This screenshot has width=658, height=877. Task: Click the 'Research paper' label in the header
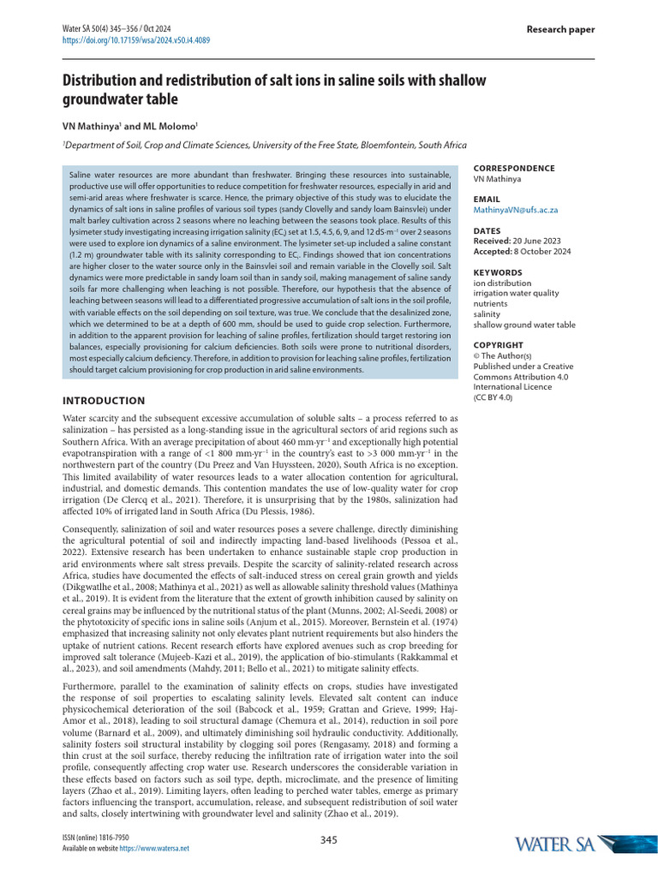coord(560,30)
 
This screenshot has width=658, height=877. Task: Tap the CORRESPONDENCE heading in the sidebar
coord(514,169)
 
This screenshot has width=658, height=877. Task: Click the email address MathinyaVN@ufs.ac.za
coord(516,210)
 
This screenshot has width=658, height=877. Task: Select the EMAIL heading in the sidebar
coord(487,199)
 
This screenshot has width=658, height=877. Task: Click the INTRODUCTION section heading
coord(104,401)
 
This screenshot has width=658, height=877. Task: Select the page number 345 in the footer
coord(329,840)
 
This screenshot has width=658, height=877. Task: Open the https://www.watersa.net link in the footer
coord(153,848)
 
